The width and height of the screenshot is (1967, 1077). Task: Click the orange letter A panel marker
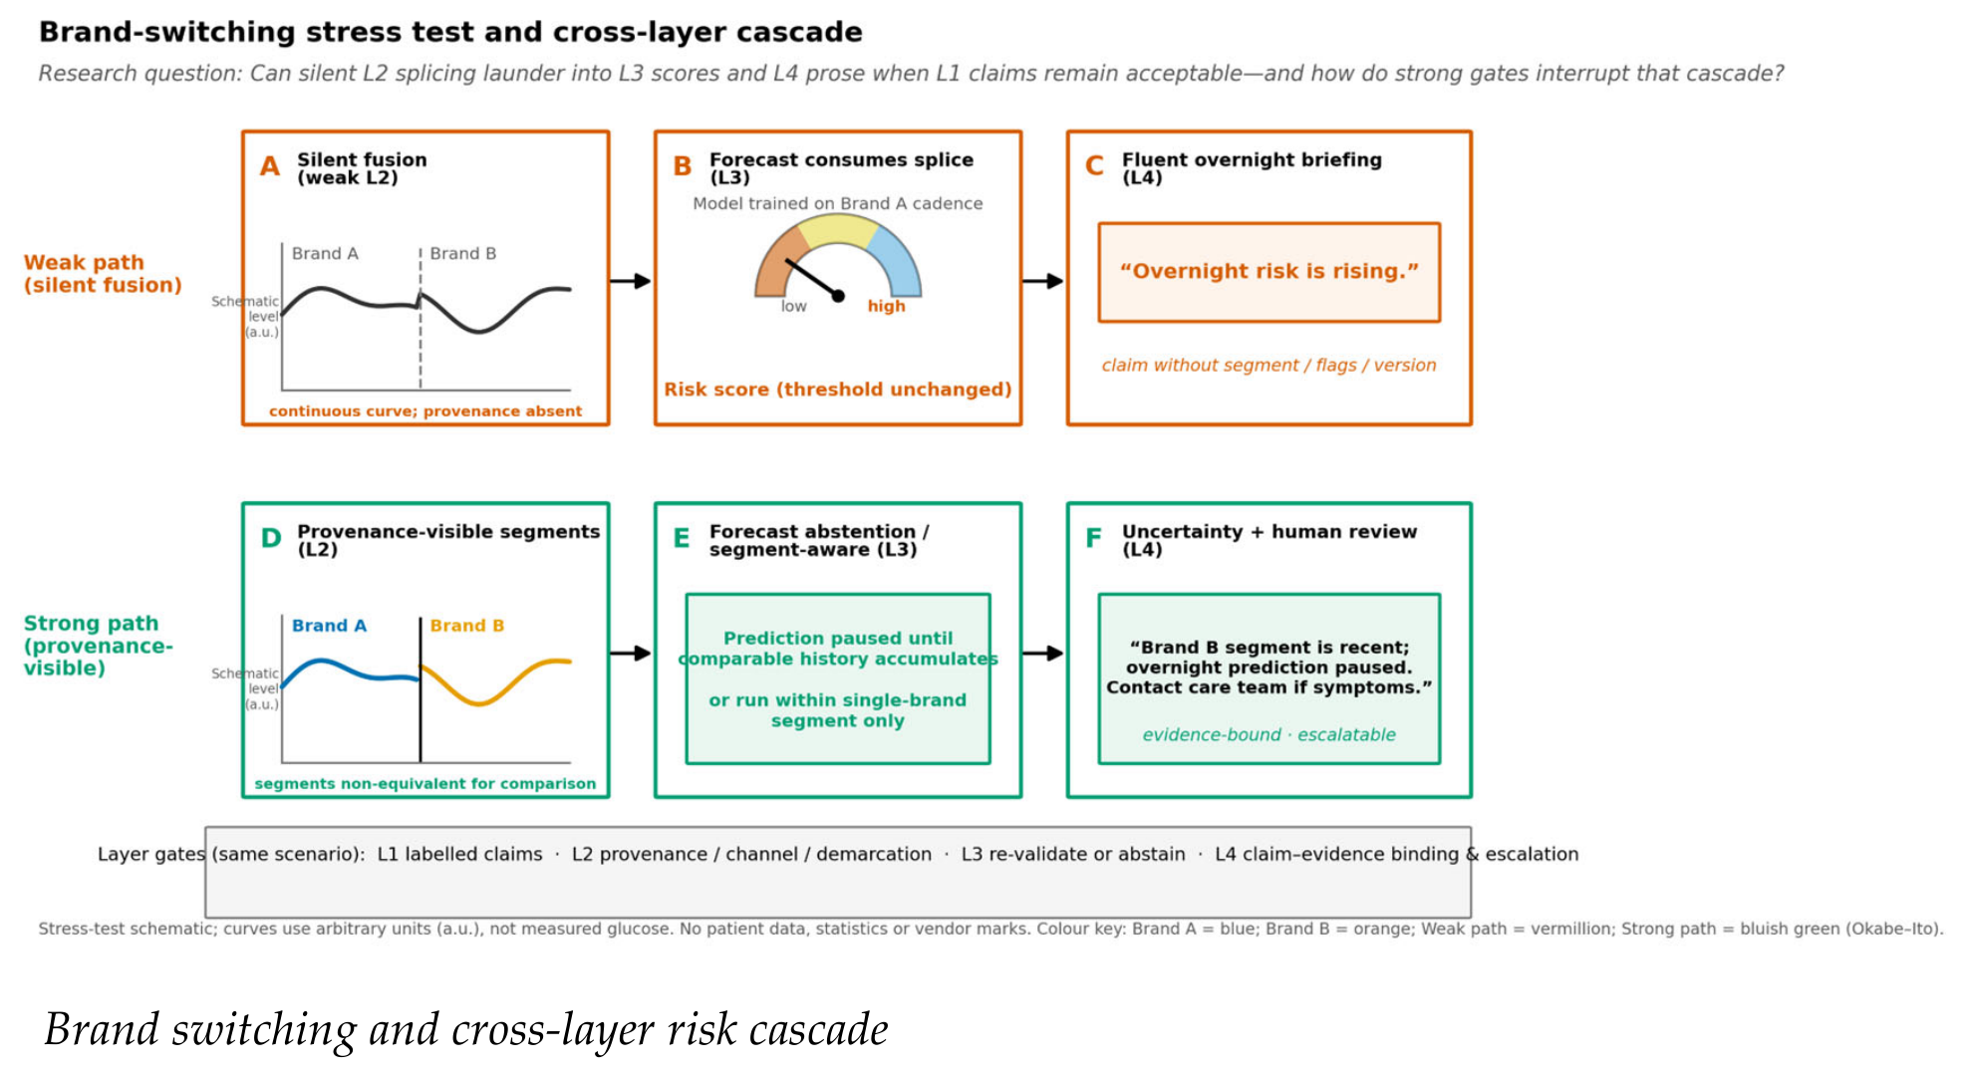pos(270,166)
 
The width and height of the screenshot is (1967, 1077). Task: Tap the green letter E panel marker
pos(682,539)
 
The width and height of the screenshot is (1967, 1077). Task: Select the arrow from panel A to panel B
pos(630,281)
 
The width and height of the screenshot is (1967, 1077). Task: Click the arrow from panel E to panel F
pos(1043,654)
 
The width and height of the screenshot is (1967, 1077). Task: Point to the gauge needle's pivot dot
pos(838,296)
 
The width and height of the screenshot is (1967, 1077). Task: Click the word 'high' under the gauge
pos(886,306)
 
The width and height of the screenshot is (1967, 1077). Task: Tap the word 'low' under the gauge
pos(793,306)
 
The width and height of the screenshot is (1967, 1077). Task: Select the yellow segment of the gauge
pos(838,230)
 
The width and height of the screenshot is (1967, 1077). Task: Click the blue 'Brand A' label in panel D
pos(329,626)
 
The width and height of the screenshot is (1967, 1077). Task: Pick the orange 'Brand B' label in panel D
pos(466,626)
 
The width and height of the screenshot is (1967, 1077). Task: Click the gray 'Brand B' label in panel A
pos(462,254)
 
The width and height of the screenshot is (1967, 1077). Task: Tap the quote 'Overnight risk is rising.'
pos(1268,271)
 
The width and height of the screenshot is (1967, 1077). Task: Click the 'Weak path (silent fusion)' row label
pos(103,274)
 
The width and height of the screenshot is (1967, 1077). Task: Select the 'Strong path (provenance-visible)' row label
pos(98,646)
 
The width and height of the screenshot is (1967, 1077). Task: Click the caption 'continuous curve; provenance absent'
pos(425,410)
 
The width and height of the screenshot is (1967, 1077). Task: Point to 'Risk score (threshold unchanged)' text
pos(838,390)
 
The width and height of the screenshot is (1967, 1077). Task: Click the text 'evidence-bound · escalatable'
pos(1268,735)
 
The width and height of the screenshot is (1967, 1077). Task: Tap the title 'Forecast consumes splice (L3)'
pos(841,168)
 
